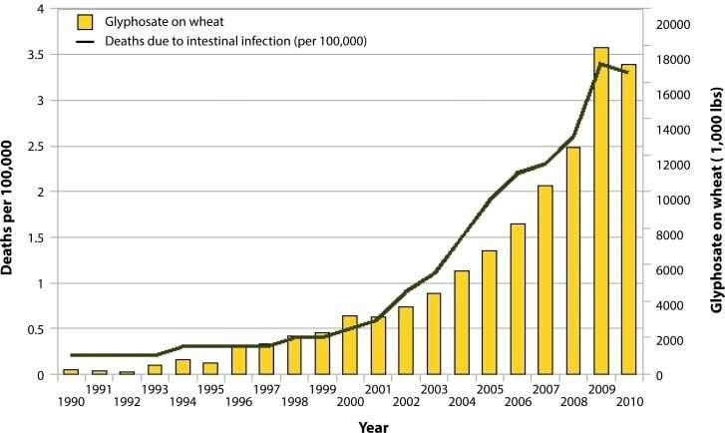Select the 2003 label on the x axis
(x=434, y=389)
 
